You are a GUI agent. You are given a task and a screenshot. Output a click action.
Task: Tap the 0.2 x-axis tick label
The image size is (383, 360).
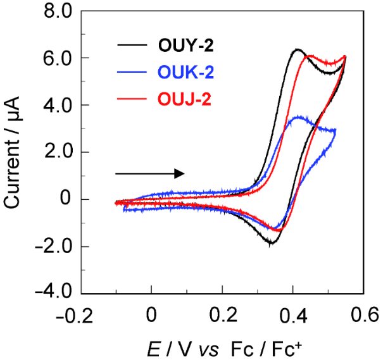pyautogui.click(x=222, y=313)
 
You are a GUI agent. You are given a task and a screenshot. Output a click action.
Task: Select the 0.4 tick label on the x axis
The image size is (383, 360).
pyautogui.click(x=292, y=313)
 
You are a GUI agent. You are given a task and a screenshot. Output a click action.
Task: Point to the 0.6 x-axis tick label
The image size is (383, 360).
pyautogui.click(x=362, y=313)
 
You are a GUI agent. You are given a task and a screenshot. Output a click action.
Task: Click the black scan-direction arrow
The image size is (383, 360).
pyautogui.click(x=149, y=173)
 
